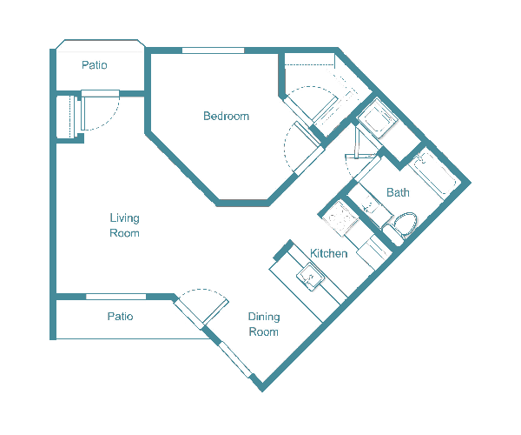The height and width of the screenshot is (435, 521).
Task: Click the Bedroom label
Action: pyautogui.click(x=226, y=117)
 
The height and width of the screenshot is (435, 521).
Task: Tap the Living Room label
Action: pyautogui.click(x=124, y=225)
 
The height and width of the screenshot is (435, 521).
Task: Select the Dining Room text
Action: pyautogui.click(x=264, y=325)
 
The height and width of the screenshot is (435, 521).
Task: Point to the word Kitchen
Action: pyautogui.click(x=329, y=254)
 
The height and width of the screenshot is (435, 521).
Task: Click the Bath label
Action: pyautogui.click(x=398, y=193)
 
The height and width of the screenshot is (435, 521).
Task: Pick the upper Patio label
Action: pyautogui.click(x=94, y=66)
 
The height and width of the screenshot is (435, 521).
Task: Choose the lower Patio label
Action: pyautogui.click(x=120, y=317)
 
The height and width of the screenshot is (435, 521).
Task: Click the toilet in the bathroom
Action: pyautogui.click(x=405, y=225)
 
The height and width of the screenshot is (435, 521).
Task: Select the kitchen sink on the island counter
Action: pyautogui.click(x=310, y=278)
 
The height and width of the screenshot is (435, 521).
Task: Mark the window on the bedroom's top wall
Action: pyautogui.click(x=213, y=51)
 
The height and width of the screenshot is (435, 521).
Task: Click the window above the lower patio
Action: pyautogui.click(x=115, y=298)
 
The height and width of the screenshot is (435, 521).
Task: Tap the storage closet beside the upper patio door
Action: pyautogui.click(x=67, y=117)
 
